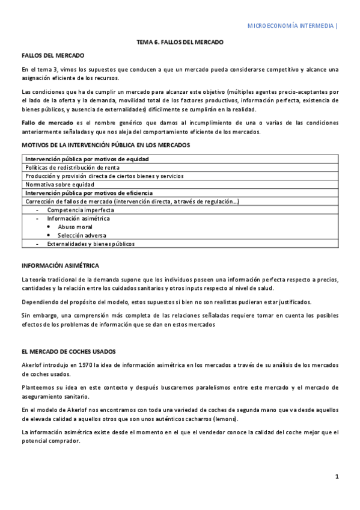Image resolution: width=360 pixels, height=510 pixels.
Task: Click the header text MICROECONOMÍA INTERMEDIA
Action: tap(292, 26)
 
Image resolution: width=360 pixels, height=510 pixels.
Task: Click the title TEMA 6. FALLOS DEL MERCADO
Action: tap(180, 43)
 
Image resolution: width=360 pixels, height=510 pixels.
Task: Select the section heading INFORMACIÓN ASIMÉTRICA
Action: tap(60, 265)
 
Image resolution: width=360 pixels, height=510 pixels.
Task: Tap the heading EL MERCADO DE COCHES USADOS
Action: tap(69, 351)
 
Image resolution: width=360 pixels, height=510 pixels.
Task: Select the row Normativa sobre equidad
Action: tap(59, 184)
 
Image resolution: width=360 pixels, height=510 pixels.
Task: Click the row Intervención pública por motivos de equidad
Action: tap(87, 159)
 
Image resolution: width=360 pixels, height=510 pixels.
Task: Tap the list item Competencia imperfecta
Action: tap(81, 210)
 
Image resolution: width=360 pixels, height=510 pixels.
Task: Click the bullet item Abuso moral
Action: tap(75, 227)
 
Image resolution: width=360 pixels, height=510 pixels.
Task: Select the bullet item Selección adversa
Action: tap(82, 236)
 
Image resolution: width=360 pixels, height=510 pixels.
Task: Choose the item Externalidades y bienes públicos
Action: tap(91, 244)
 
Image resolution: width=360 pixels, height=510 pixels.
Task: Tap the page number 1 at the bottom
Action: tap(337, 477)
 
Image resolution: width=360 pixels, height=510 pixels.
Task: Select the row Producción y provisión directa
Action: tap(105, 176)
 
